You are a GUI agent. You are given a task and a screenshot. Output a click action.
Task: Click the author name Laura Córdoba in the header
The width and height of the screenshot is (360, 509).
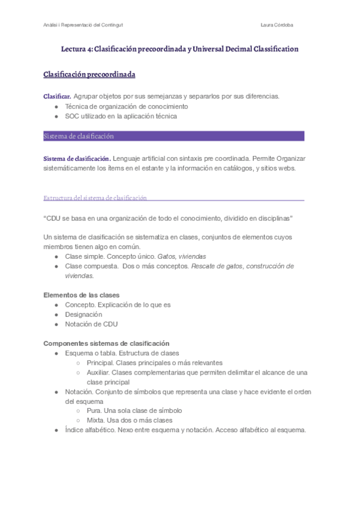[x=277, y=25]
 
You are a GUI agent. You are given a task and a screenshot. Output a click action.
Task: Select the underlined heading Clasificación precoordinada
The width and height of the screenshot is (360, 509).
[x=89, y=74]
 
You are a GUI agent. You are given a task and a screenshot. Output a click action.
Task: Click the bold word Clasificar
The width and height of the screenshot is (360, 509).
[x=58, y=96]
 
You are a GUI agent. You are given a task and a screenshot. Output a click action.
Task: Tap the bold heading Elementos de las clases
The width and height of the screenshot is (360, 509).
[x=81, y=295]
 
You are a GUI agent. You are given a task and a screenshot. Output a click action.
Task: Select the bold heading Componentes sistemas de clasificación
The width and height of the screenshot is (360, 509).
[x=106, y=343]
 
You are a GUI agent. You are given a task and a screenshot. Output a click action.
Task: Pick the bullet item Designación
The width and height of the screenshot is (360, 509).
[x=83, y=315]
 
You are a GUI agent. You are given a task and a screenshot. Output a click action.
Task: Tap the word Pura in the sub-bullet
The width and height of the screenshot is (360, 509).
[x=95, y=411]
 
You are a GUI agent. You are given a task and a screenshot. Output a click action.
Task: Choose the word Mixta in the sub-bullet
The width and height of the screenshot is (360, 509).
[x=97, y=420]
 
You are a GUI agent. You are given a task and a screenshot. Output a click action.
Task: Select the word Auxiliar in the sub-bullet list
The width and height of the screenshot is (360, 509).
[x=100, y=372]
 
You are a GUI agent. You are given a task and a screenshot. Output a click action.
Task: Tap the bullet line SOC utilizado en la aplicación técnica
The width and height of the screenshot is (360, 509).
[x=121, y=116]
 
